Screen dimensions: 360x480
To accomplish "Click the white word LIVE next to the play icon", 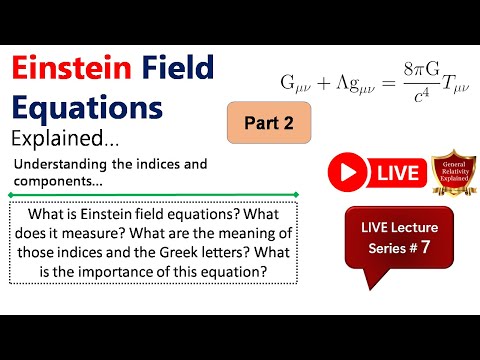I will [397, 172].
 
